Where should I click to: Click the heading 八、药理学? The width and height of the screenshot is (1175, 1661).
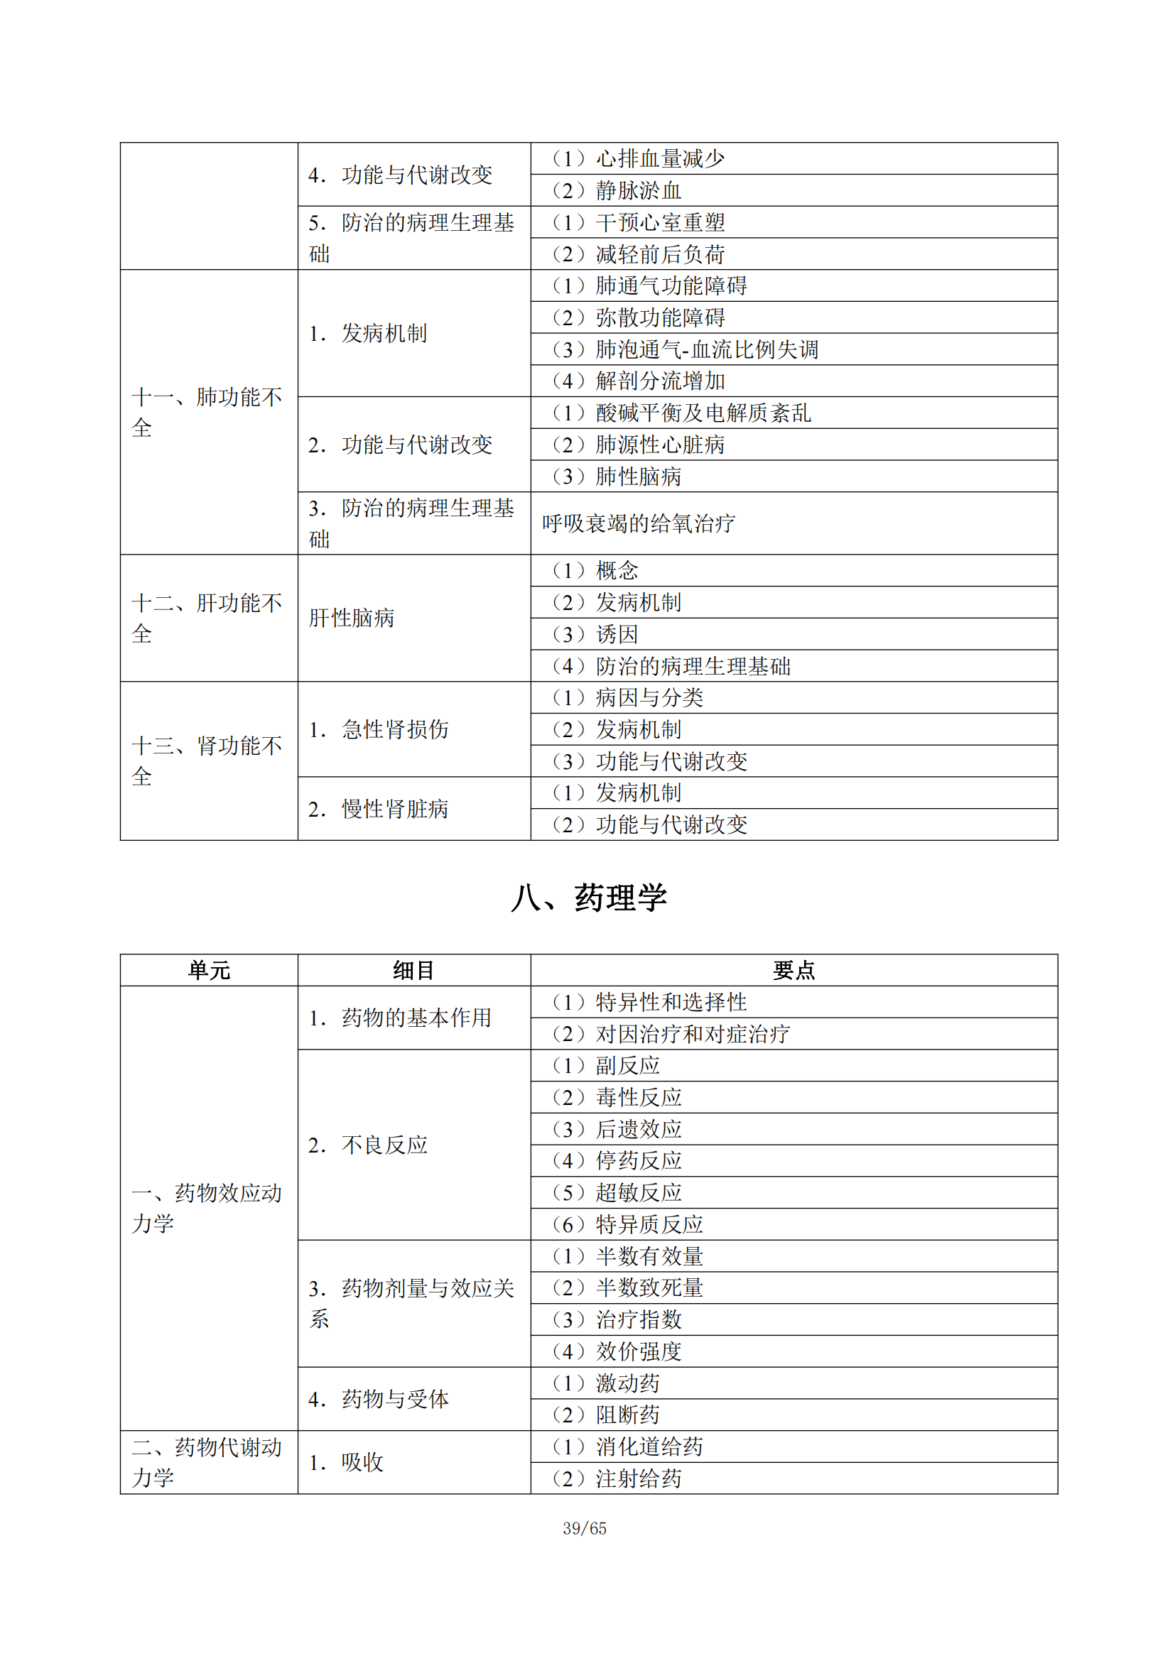click(588, 898)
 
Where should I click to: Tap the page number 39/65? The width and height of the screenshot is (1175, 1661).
click(585, 1529)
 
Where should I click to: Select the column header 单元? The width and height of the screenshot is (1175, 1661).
click(209, 970)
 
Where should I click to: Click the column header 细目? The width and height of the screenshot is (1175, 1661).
click(414, 970)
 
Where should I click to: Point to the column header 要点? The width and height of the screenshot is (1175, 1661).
click(794, 970)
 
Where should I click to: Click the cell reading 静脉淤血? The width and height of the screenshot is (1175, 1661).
click(638, 191)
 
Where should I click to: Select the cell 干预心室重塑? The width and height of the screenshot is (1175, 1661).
click(660, 223)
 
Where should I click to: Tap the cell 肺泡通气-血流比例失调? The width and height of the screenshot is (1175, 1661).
click(707, 349)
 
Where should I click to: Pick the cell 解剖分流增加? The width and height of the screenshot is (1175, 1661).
click(660, 381)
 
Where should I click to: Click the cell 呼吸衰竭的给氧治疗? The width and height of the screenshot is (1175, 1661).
click(638, 523)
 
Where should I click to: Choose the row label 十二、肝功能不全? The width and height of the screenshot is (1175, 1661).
click(207, 619)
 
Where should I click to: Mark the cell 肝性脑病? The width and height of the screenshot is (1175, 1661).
click(352, 619)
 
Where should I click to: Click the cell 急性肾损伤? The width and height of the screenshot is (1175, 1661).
click(395, 729)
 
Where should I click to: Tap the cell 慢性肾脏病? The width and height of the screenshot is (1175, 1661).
click(395, 809)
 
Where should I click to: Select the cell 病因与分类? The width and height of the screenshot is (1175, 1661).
click(649, 697)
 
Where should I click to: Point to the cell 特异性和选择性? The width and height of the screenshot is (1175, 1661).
click(671, 1002)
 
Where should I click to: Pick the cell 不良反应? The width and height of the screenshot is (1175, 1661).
click(384, 1145)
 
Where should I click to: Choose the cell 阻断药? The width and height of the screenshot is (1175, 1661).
click(627, 1415)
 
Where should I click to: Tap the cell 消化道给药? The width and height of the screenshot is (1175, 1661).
click(649, 1447)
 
